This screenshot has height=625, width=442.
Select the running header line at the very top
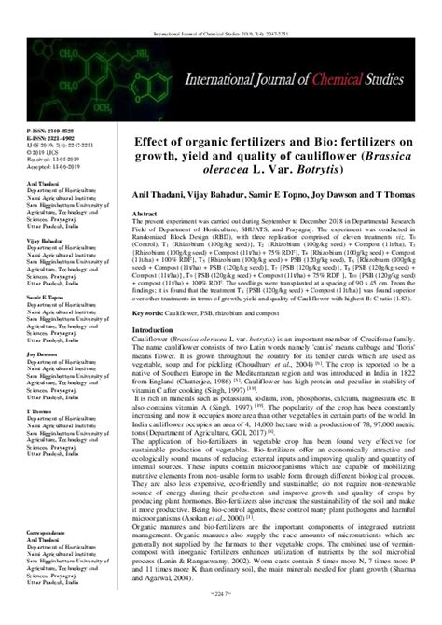pos(221,7)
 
